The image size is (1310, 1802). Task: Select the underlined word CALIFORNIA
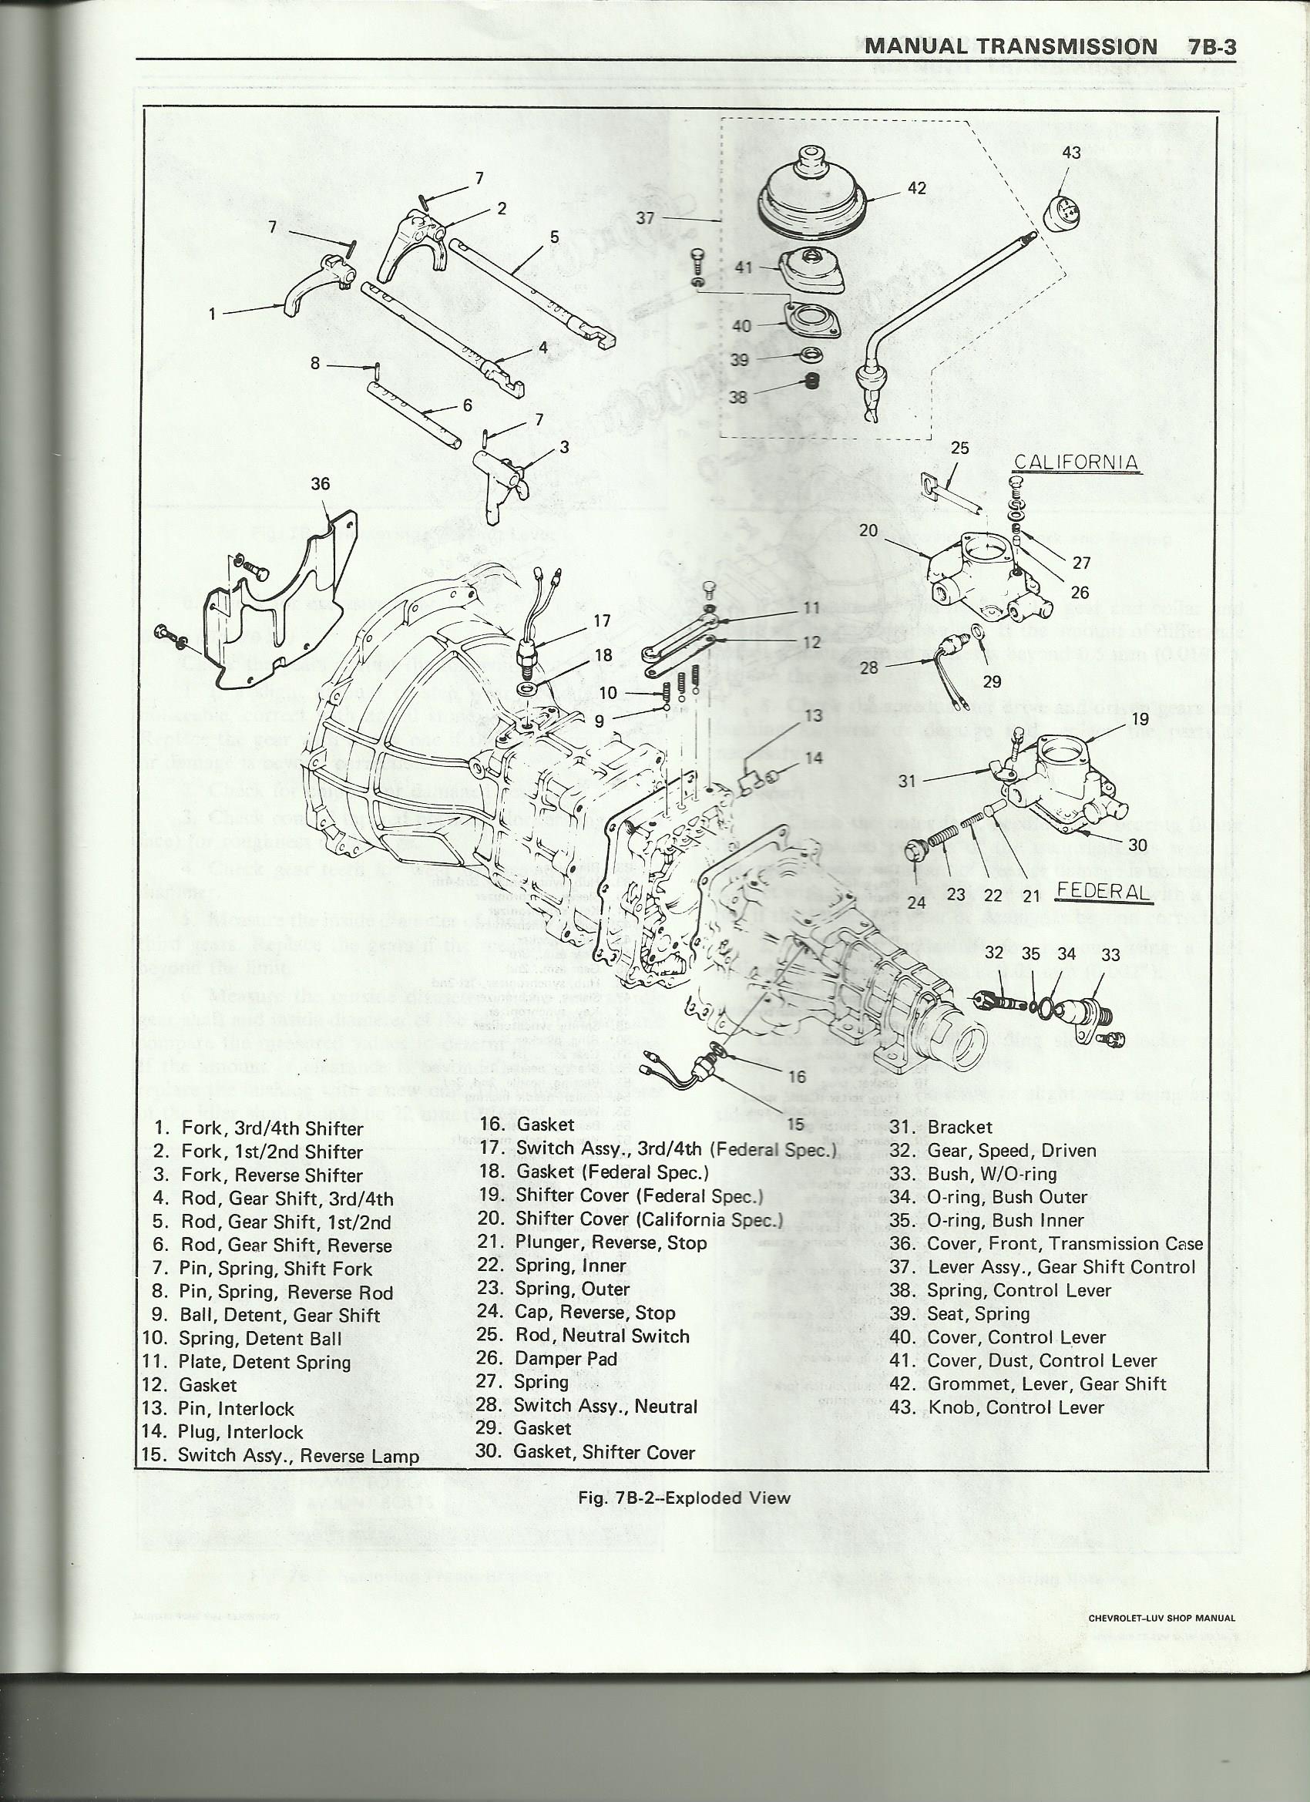tap(1078, 462)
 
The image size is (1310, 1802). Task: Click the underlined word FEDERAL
tap(1103, 893)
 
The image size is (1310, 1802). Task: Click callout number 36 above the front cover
tap(320, 484)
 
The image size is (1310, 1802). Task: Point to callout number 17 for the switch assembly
tap(601, 621)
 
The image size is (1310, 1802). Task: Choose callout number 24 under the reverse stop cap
tap(916, 903)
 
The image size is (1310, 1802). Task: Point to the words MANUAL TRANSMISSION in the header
tap(1009, 45)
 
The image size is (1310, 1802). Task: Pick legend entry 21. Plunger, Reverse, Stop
tap(591, 1242)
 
